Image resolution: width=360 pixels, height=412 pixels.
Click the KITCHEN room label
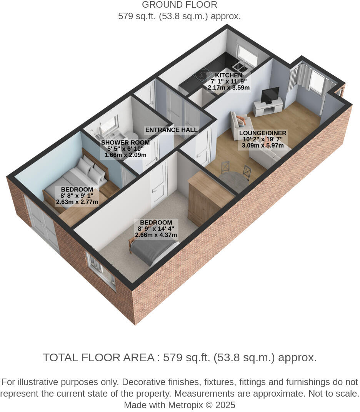[x=228, y=75]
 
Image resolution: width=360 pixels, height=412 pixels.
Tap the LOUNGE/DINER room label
[x=263, y=133]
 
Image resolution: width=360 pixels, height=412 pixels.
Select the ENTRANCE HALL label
[x=171, y=130]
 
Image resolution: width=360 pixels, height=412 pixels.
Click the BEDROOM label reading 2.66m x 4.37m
[x=156, y=223]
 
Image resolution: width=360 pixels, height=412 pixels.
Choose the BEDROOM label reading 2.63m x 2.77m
[x=77, y=189]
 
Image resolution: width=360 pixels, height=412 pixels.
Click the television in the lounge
[x=270, y=95]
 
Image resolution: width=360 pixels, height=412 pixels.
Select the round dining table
[x=233, y=181]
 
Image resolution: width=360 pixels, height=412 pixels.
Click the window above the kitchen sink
[x=247, y=55]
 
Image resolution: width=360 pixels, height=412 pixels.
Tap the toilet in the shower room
[x=132, y=136]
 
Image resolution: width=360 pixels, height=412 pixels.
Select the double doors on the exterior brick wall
[x=42, y=225]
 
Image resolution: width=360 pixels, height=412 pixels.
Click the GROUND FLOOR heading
[x=180, y=5]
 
